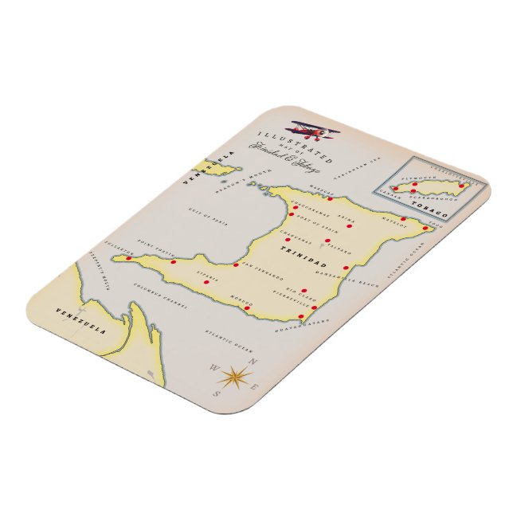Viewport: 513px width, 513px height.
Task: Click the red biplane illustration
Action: pyautogui.click(x=314, y=130)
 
